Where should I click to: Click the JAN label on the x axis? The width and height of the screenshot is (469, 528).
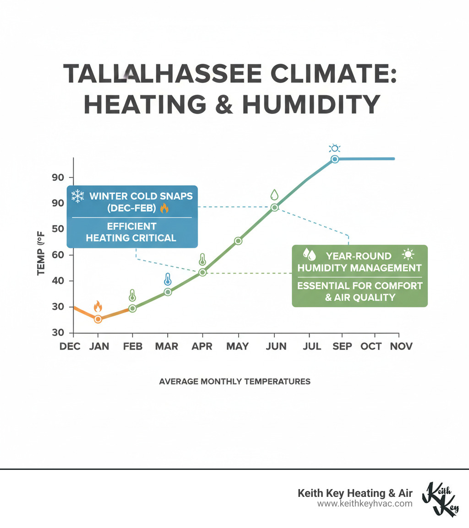[99, 346]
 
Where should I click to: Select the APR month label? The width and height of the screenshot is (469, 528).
[202, 346]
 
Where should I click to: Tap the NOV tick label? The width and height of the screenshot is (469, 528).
[401, 346]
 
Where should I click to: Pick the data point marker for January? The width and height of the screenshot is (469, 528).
[98, 319]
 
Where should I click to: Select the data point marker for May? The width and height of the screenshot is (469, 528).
[238, 241]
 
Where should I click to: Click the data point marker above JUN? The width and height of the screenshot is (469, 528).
[274, 207]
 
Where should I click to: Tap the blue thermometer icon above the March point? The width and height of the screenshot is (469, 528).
[168, 279]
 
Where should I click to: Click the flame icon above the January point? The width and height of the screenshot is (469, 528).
[98, 306]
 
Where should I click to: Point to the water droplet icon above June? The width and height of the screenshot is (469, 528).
[274, 194]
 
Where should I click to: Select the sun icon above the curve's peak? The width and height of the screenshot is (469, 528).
[335, 148]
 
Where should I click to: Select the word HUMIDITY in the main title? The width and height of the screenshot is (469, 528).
[311, 105]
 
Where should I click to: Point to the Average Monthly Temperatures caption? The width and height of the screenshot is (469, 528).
[234, 381]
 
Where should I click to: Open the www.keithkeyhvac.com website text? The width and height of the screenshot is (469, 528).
[365, 504]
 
